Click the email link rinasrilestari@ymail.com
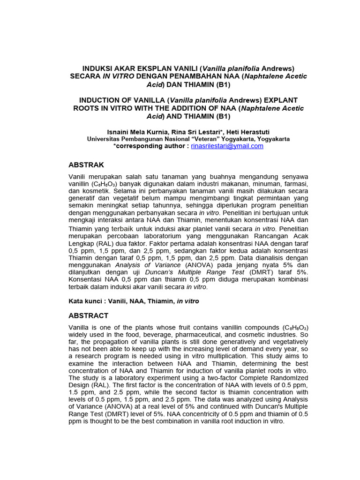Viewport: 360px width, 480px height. click(227, 146)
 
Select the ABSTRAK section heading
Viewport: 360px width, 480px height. click(86, 165)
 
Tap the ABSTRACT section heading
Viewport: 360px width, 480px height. click(89, 315)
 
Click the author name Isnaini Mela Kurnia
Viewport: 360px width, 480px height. click(135, 132)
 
